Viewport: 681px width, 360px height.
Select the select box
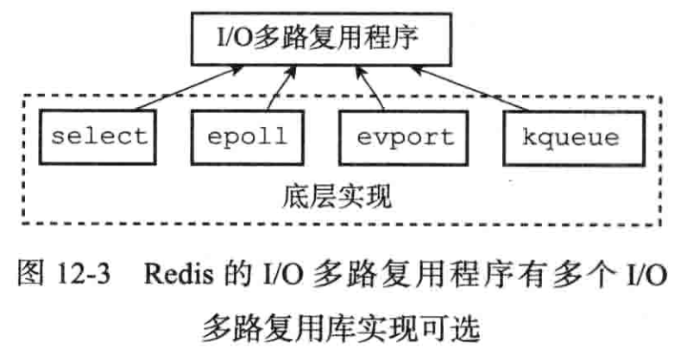99,136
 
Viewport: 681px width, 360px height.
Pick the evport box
404,136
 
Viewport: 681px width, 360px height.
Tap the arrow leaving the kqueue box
484,92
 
